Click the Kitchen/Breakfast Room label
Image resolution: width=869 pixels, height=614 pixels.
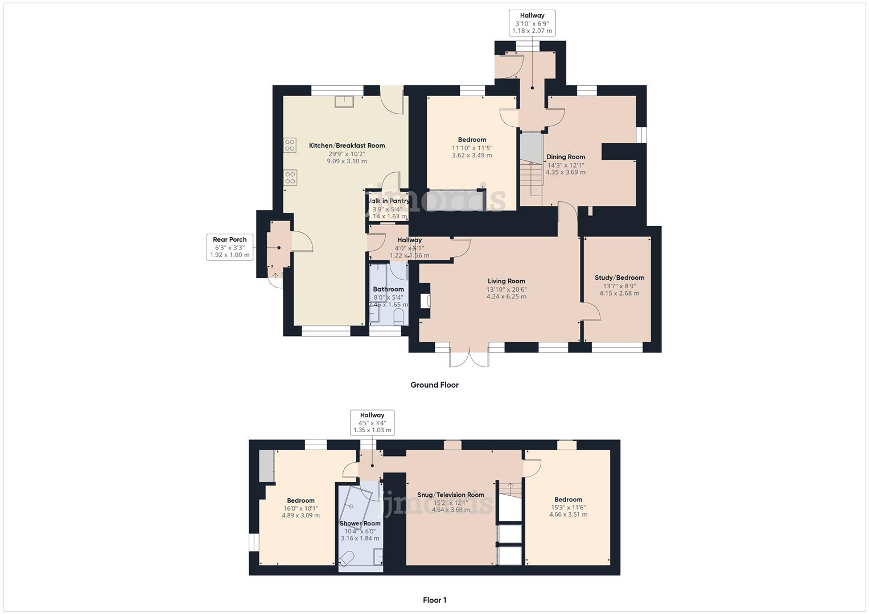pos(347,146)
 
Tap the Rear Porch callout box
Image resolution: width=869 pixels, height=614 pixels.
pos(230,247)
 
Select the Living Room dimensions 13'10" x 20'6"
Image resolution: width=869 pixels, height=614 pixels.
pos(506,289)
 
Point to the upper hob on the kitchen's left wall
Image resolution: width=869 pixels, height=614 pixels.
pos(289,146)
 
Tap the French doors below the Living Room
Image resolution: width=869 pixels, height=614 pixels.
pos(469,359)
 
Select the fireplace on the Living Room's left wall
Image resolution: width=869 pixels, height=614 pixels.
pos(425,301)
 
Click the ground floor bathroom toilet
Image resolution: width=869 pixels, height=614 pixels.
pos(398,317)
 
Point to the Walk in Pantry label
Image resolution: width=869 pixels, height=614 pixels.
pos(389,201)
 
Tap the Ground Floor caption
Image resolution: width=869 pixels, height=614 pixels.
pos(434,385)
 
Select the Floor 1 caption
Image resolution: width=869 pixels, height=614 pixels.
pos(434,600)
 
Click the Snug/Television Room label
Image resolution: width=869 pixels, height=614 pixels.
pos(450,495)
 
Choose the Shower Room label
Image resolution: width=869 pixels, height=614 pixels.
pos(360,523)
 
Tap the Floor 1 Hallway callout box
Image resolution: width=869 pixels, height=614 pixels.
pos(372,422)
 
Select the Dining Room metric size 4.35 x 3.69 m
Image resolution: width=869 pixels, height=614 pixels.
pos(565,172)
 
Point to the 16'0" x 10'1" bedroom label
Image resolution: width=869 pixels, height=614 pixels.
pos(300,500)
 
